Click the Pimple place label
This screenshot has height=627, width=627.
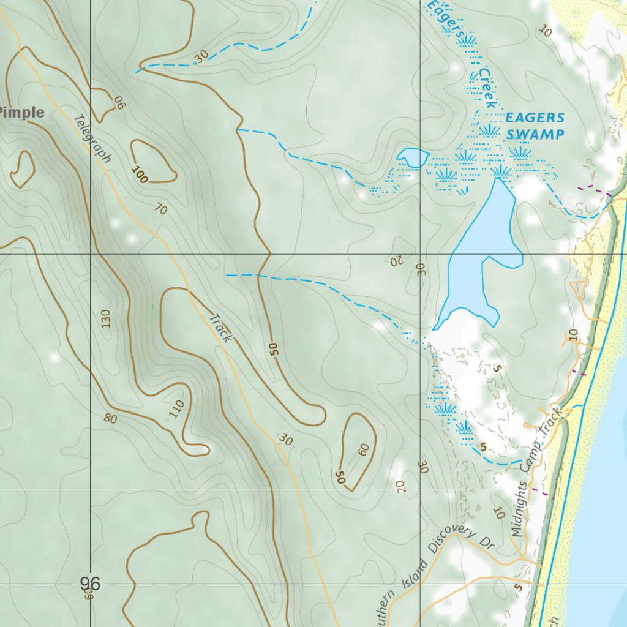click(23, 113)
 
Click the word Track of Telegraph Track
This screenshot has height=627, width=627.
click(220, 328)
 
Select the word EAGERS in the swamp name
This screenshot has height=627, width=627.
click(535, 118)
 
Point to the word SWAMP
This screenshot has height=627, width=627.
click(535, 134)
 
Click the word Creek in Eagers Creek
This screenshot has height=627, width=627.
click(487, 89)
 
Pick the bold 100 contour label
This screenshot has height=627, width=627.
click(140, 176)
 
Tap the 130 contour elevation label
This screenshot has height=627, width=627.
click(105, 319)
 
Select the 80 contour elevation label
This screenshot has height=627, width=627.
click(110, 419)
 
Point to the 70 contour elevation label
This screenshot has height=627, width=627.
click(160, 209)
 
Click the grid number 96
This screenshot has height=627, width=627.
click(90, 584)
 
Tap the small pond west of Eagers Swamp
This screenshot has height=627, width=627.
click(413, 157)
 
